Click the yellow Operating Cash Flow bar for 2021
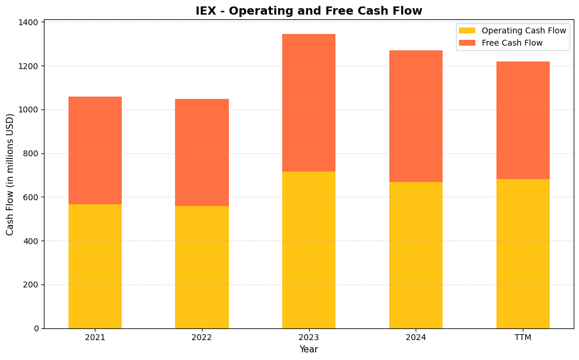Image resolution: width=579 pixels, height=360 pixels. point(95,266)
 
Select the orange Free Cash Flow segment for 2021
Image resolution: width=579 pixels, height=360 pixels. point(95,150)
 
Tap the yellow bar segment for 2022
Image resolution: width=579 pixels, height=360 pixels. point(202,267)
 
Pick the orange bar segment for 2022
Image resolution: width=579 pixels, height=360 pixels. point(202,152)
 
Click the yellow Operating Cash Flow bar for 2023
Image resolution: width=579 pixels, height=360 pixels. point(309,250)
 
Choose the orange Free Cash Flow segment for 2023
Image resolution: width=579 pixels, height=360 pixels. point(309,102)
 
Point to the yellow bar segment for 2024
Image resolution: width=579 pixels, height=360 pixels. point(416,255)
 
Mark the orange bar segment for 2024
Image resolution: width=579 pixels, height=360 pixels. point(416,116)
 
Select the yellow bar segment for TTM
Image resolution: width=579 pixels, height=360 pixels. point(523,253)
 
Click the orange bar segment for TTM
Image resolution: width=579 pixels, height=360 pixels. point(523,120)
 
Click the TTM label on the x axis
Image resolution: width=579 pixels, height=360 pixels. point(523,338)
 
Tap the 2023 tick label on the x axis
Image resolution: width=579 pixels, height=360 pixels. point(309,338)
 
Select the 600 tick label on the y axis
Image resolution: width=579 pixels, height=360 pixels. point(32,197)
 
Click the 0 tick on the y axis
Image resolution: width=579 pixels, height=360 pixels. point(36,328)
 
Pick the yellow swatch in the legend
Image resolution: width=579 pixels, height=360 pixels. point(467,30)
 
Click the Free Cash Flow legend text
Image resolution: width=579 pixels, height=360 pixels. point(512,43)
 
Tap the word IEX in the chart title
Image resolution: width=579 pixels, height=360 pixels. point(207,11)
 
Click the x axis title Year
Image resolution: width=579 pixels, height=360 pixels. point(309,349)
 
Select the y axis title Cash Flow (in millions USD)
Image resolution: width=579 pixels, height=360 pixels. point(10,175)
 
